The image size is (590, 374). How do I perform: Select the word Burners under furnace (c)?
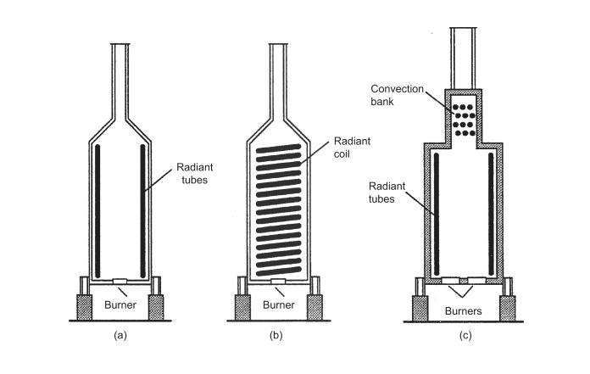pyautogui.click(x=462, y=310)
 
